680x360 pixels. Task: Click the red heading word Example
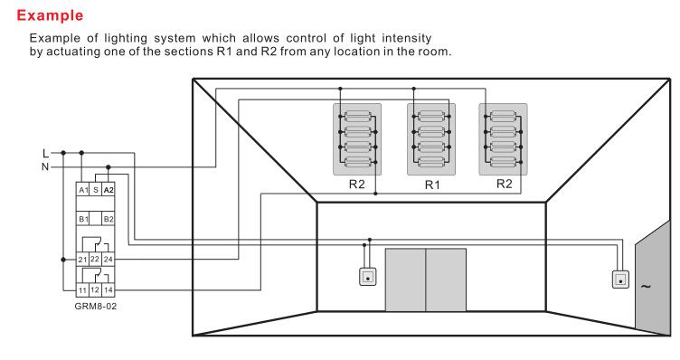pos(50,15)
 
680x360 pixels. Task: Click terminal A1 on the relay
pos(83,190)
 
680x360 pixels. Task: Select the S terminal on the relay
pos(96,190)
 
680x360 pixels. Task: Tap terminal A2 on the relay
pos(109,190)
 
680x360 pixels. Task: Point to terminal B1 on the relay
pos(83,219)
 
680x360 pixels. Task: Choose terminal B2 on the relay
pos(109,219)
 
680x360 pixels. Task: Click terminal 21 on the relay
pos(83,260)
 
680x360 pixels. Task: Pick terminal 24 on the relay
pos(109,260)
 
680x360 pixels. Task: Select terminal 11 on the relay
pos(83,290)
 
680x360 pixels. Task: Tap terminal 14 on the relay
pos(109,289)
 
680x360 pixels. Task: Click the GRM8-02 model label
pos(96,306)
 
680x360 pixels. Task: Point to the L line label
pos(45,153)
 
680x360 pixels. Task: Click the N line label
pos(45,166)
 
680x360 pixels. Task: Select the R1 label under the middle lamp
pos(432,185)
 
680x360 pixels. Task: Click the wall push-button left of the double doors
pos(368,277)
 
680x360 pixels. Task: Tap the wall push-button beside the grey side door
pos(620,279)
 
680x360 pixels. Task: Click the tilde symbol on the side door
pos(646,286)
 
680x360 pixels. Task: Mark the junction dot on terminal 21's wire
pos(63,260)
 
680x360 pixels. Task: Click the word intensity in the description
pos(406,38)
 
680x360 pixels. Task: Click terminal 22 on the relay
pos(95,260)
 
